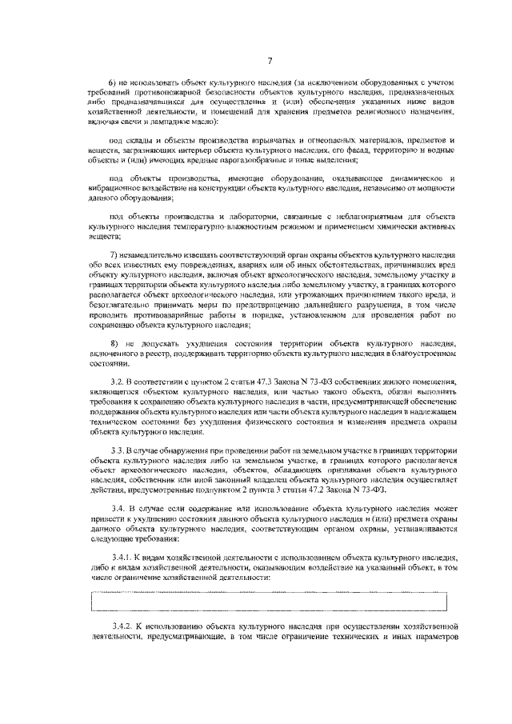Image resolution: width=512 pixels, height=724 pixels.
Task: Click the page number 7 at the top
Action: click(270, 61)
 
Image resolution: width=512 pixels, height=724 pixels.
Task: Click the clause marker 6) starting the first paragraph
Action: click(113, 83)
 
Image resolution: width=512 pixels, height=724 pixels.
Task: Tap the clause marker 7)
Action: click(113, 254)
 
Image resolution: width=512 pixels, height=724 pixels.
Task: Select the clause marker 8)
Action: click(113, 341)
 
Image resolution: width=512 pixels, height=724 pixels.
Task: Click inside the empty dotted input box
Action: click(270, 598)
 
